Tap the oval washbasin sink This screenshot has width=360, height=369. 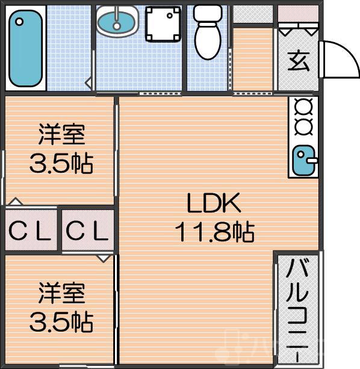tap(117, 21)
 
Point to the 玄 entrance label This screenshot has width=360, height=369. tap(299, 61)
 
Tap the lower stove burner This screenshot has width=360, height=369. tap(303, 126)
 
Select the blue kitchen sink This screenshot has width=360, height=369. tap(303, 160)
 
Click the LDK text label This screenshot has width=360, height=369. tap(214, 205)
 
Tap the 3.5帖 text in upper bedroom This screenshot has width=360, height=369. tap(61, 163)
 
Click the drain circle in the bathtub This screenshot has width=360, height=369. tap(20, 22)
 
